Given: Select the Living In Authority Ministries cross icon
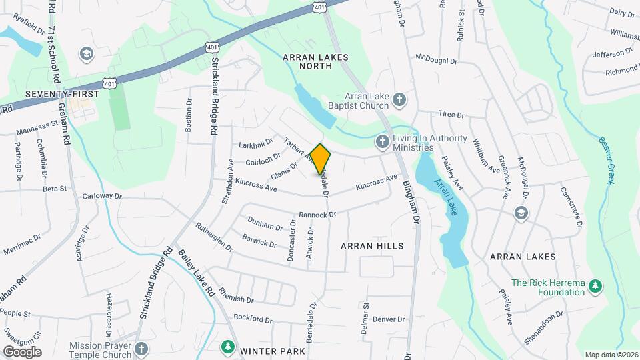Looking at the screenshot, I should click(x=383, y=141).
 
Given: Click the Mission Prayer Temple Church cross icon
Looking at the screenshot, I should click(x=141, y=349).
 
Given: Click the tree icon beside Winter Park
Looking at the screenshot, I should click(x=227, y=347).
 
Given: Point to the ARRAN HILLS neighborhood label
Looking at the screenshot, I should click(x=372, y=246).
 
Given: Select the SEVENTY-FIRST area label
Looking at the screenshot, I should click(x=62, y=94).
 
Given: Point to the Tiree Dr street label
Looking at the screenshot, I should click(x=451, y=115).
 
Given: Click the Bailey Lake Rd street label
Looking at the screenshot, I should click(x=197, y=273).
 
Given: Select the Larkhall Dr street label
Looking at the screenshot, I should click(x=256, y=143).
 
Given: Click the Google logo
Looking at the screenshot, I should click(x=22, y=352).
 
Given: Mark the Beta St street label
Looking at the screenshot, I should click(x=55, y=189).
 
